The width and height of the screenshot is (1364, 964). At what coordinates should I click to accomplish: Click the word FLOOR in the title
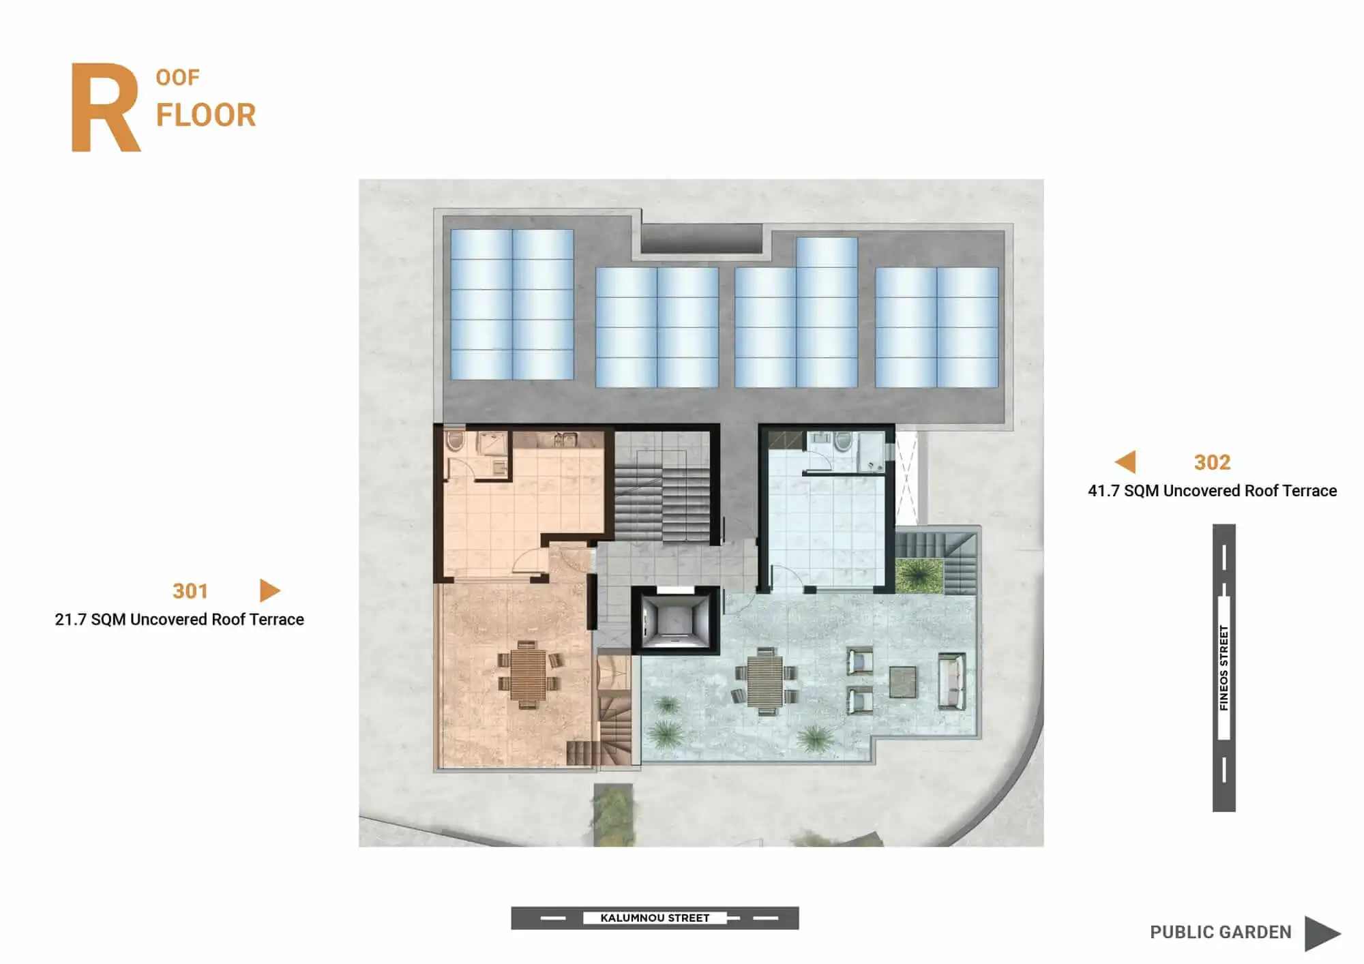pyautogui.click(x=206, y=115)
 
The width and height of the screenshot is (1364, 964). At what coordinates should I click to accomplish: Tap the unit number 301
pyautogui.click(x=190, y=591)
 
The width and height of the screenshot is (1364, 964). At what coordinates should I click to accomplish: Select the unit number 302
pyautogui.click(x=1212, y=462)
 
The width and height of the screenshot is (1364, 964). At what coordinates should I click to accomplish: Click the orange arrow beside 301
pyautogui.click(x=269, y=590)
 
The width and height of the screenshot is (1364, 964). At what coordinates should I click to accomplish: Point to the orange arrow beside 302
pyautogui.click(x=1126, y=462)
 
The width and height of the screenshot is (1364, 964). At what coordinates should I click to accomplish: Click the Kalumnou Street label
pyautogui.click(x=655, y=918)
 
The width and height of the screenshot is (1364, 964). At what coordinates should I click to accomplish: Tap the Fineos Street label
pyautogui.click(x=1224, y=667)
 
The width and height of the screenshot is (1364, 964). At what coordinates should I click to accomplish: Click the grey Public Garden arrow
pyautogui.click(x=1322, y=933)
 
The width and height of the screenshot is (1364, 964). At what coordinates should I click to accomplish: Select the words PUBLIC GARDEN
pyautogui.click(x=1220, y=932)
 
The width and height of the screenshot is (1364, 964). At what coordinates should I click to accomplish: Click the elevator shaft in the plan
pyautogui.click(x=674, y=620)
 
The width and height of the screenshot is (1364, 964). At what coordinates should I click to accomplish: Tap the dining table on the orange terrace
pyautogui.click(x=528, y=675)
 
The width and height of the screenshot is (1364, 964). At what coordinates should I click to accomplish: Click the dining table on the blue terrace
pyautogui.click(x=765, y=680)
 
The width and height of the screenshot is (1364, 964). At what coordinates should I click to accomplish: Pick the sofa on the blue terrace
pyautogui.click(x=951, y=680)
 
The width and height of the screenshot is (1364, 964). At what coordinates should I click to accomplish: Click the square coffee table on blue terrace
pyautogui.click(x=903, y=682)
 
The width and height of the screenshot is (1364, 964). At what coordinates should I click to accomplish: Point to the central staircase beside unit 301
pyautogui.click(x=663, y=488)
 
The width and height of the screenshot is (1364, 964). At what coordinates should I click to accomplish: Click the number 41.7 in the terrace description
pyautogui.click(x=1103, y=491)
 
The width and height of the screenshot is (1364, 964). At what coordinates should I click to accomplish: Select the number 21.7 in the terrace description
pyautogui.click(x=70, y=620)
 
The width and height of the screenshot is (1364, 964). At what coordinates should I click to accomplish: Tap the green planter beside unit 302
pyautogui.click(x=918, y=575)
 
